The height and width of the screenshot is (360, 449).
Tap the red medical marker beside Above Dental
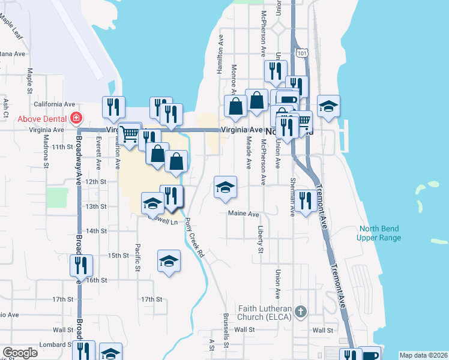[x=76, y=118]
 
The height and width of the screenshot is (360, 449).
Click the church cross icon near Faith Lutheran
[x=301, y=312]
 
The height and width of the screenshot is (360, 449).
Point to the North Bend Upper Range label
[x=381, y=233]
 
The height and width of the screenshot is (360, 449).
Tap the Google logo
[x=20, y=353]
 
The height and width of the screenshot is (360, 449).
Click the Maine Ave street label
[x=243, y=214]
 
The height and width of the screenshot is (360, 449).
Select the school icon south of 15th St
[x=169, y=261]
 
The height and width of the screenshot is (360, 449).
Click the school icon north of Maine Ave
[x=225, y=188]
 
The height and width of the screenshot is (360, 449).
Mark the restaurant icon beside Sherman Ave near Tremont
[x=306, y=201]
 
